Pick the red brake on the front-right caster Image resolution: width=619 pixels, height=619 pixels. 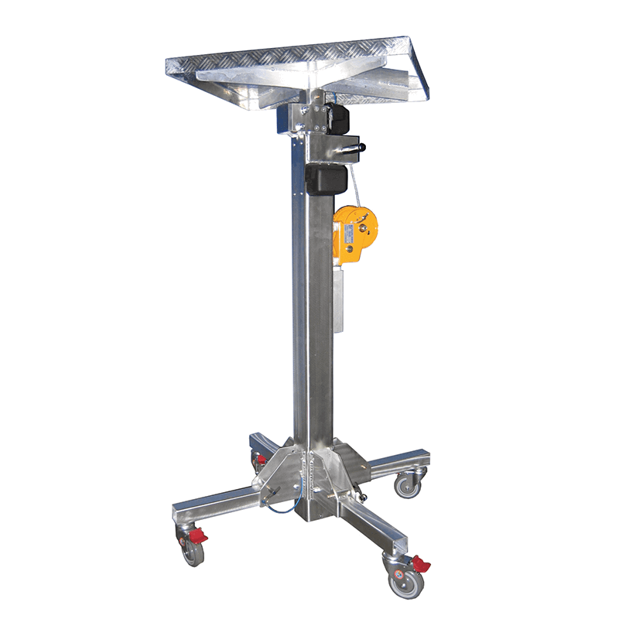click(420, 563)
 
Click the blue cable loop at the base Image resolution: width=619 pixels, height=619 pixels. click(282, 507)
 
